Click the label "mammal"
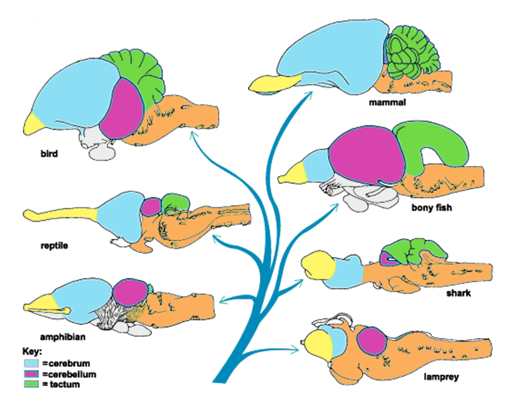[387, 102]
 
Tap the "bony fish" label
[431, 208]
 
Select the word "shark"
[458, 293]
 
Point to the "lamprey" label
[441, 377]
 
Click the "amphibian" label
[62, 337]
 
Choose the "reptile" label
[54, 245]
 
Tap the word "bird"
[49, 154]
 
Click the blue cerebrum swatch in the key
[31, 364]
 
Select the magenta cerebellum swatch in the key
[31, 374]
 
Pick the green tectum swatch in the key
[31, 384]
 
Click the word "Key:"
[32, 352]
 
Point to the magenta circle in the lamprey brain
[371, 341]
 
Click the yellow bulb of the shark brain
[317, 265]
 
